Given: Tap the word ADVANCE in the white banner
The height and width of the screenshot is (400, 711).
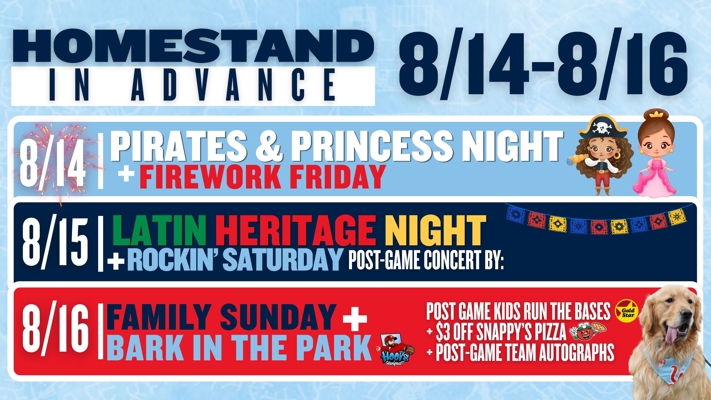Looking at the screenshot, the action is [x=233, y=86].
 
